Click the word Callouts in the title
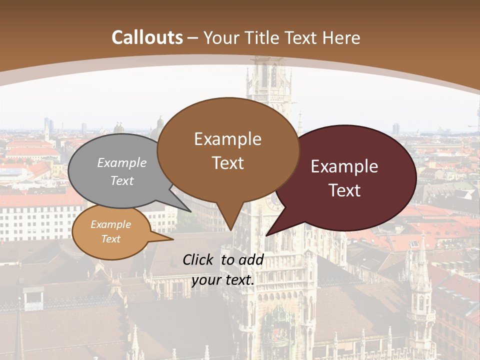[x=147, y=37]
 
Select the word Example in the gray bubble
[x=122, y=163]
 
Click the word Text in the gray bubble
[x=122, y=180]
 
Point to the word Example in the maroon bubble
[x=344, y=166]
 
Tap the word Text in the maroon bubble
[x=344, y=190]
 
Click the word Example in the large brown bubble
[x=227, y=139]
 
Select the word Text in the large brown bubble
[x=227, y=163]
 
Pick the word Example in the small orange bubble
[x=110, y=224]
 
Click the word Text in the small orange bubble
[x=110, y=239]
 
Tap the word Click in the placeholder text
[x=199, y=259]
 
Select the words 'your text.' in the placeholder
[x=223, y=280]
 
